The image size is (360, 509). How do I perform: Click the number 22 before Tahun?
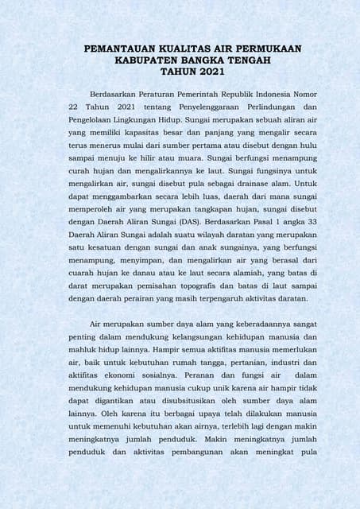[74, 107]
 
